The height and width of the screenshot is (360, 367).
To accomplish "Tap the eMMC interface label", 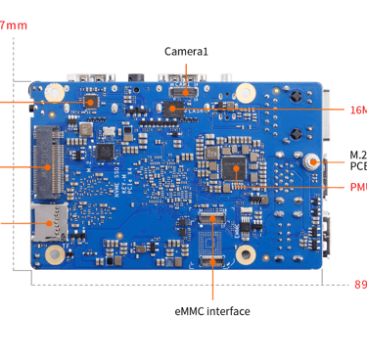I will [211, 311].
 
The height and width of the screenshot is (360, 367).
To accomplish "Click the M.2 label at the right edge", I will [358, 154].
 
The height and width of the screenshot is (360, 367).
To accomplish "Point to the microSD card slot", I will [45, 223].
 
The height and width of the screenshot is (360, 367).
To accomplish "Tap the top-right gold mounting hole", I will [246, 92].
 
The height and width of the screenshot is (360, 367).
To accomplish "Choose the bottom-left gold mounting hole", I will [56, 253].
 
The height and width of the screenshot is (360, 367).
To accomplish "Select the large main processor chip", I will [233, 168].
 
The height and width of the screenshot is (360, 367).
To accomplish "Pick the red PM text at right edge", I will [358, 187].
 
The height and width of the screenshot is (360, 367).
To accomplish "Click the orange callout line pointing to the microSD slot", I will [14, 223].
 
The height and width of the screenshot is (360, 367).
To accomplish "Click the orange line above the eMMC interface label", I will [211, 284].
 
